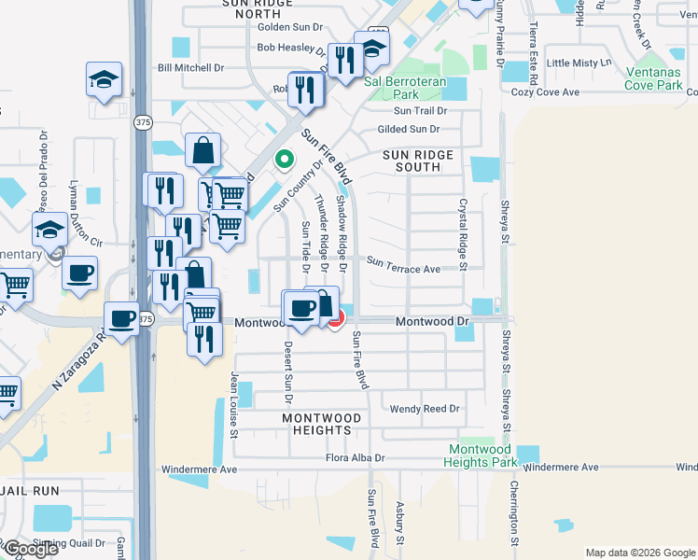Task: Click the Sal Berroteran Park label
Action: coord(405,88)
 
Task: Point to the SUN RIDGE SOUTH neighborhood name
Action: coord(416,161)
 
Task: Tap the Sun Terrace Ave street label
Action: coord(403,269)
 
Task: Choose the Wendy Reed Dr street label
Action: coord(425,409)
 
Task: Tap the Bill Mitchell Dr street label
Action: coord(191,67)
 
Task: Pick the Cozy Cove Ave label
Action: coord(546,92)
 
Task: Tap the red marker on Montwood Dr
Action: coord(335,319)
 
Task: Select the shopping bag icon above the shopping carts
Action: coord(203,149)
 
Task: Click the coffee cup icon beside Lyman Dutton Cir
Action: coord(80,273)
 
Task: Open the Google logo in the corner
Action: coord(30,549)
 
